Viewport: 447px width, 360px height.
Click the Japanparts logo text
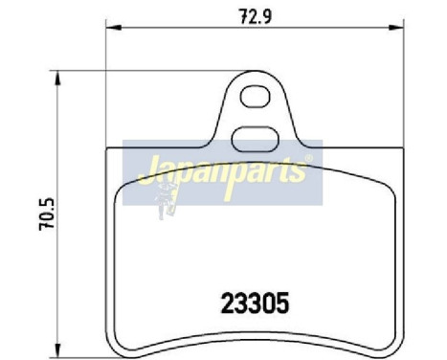[x=222, y=172]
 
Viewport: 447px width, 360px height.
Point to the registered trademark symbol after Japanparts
[x=307, y=160]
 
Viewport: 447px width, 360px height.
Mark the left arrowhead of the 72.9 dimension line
[x=108, y=31]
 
